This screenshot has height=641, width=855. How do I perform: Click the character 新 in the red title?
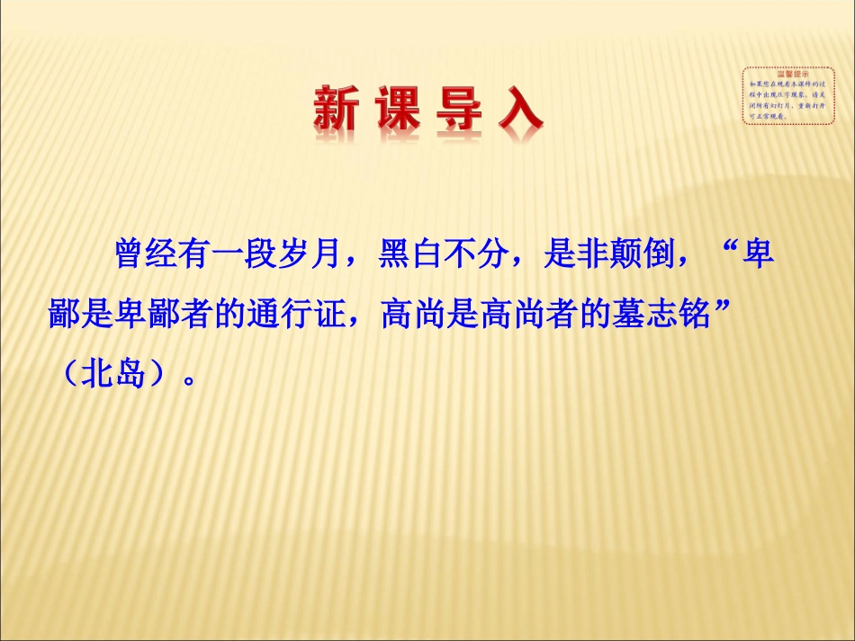pyautogui.click(x=335, y=110)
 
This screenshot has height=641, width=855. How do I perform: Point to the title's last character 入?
pyautogui.click(x=519, y=110)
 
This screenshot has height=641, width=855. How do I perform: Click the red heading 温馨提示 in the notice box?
pyautogui.click(x=776, y=76)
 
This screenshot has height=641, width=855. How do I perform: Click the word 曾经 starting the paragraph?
pyautogui.click(x=145, y=254)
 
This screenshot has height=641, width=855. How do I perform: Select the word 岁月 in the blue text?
pyautogui.click(x=310, y=254)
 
